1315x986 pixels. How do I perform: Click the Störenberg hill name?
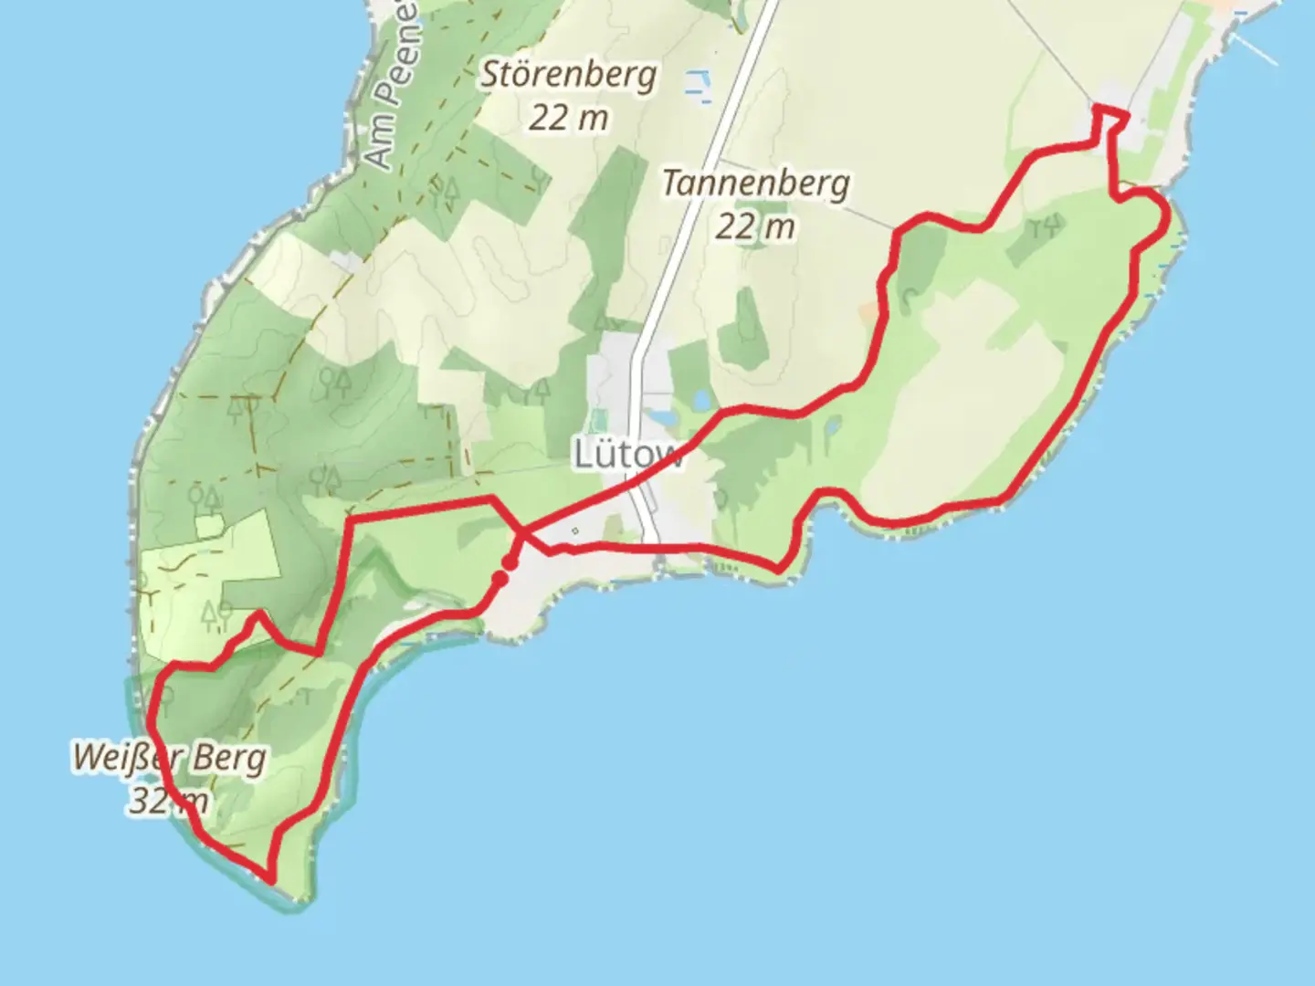568,75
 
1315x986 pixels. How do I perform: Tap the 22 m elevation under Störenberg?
568,118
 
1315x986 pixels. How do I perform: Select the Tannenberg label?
755,184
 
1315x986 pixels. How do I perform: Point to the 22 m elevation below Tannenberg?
754,226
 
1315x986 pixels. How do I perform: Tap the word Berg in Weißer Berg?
229,759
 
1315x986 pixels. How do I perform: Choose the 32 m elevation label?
168,801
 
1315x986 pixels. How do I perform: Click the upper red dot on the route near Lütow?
510,562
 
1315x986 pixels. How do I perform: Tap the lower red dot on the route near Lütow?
500,578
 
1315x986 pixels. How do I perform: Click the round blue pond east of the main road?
702,399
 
